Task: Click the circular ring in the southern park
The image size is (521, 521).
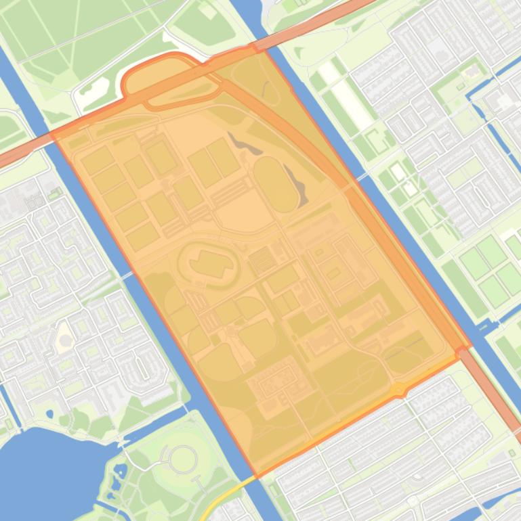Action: tap(183, 460)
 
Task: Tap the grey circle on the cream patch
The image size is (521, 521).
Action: tap(66, 336)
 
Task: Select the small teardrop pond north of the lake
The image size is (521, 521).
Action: tap(49, 413)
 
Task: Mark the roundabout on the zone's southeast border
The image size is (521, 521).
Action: tap(399, 390)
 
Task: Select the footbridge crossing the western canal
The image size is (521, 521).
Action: tap(126, 275)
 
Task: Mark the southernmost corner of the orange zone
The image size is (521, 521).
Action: tap(256, 476)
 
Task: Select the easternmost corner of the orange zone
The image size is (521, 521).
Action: tap(469, 346)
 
